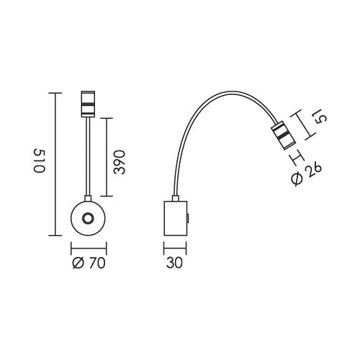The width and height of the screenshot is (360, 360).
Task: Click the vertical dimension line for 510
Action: tap(55, 164)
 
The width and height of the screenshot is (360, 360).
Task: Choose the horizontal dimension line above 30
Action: tap(174, 248)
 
